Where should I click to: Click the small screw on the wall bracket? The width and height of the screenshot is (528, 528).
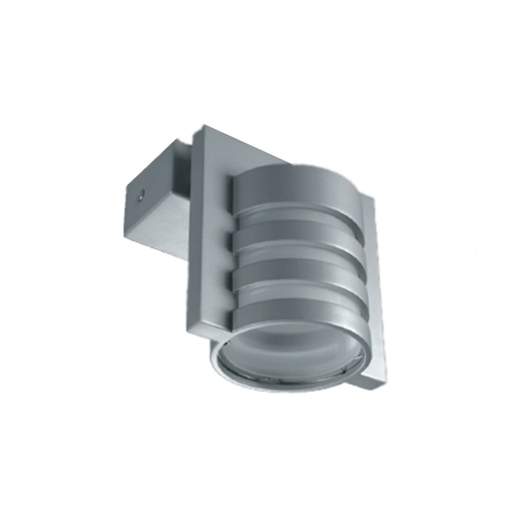(x=139, y=195)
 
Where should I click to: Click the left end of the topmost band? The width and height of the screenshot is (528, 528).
(x=240, y=191)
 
